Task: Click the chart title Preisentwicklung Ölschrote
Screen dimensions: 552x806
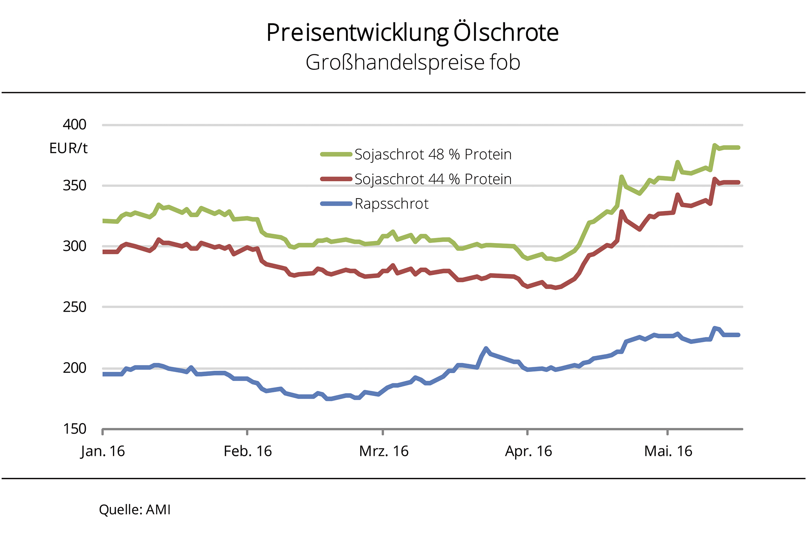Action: (412, 32)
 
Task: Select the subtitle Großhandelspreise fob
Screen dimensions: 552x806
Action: (412, 62)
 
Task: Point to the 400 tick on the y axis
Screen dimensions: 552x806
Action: (74, 125)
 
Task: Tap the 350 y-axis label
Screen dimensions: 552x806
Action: (74, 185)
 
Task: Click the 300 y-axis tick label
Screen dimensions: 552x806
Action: (74, 246)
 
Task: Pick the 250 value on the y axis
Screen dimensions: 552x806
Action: (74, 307)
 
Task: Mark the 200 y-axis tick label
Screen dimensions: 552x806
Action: (74, 368)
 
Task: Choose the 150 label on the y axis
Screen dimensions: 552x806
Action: (74, 429)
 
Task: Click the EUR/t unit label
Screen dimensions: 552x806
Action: (68, 148)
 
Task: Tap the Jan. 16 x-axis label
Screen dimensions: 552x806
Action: (103, 451)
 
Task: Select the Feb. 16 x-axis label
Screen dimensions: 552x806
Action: (248, 451)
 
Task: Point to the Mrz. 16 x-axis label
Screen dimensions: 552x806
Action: (384, 451)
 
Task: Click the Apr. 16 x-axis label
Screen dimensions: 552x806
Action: (528, 451)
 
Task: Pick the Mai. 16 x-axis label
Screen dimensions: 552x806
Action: (668, 451)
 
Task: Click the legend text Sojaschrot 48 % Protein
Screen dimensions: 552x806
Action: (433, 154)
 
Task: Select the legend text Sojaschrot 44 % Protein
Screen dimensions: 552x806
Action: (433, 179)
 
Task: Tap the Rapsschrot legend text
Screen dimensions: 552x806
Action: (391, 204)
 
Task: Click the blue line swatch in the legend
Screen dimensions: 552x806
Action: (336, 204)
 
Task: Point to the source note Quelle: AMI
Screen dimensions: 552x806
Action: (135, 510)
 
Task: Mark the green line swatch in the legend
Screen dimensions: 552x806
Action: (336, 154)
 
